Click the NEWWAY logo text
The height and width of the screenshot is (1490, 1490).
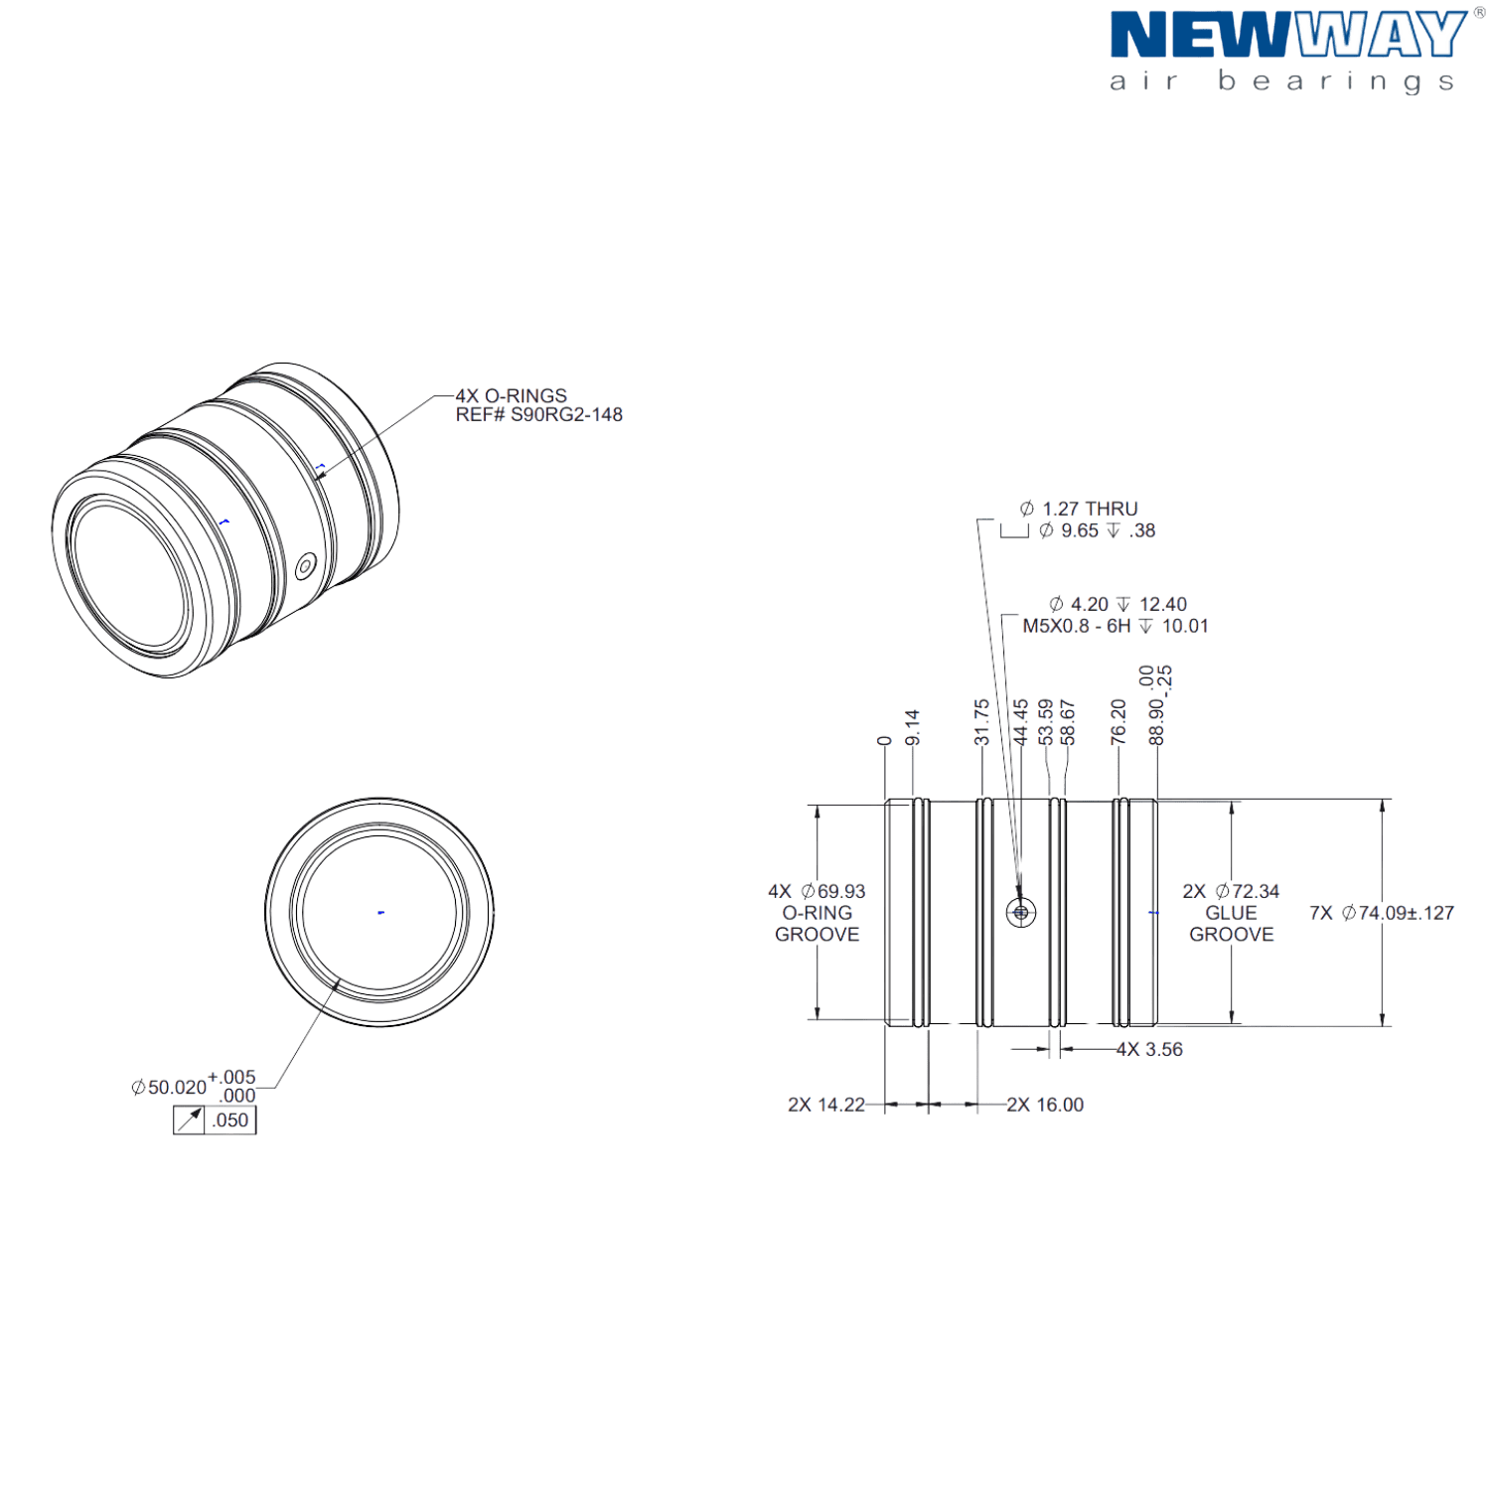[1286, 37]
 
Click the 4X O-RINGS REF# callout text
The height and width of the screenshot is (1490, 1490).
[538, 405]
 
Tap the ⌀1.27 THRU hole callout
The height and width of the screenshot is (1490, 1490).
[1079, 509]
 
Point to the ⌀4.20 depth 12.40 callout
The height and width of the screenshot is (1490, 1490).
[1117, 604]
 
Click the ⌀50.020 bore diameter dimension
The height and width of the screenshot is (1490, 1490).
[169, 1088]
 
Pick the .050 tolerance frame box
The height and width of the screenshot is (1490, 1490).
[229, 1120]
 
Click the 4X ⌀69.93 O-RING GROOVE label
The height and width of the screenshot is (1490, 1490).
[816, 913]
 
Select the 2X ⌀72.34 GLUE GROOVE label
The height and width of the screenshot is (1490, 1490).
[1231, 913]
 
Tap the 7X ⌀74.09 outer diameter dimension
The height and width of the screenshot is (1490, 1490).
[1381, 913]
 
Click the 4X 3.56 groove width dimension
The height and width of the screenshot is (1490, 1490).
[1149, 1050]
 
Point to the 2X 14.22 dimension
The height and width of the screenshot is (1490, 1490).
[825, 1105]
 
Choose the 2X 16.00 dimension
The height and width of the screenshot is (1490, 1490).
[1045, 1105]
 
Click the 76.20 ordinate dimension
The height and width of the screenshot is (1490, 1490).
[1118, 722]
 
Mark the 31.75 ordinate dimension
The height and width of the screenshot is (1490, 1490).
[981, 722]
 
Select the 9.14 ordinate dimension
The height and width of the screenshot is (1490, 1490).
[913, 727]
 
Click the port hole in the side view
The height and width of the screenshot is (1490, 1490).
[1020, 911]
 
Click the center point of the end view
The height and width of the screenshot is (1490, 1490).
[379, 912]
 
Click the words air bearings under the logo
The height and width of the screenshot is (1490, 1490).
[1281, 81]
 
